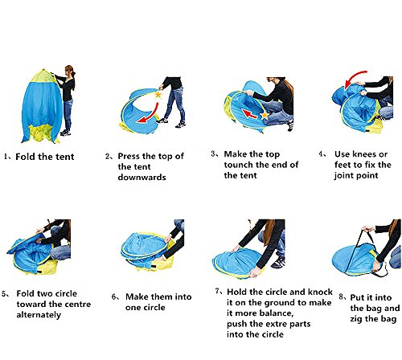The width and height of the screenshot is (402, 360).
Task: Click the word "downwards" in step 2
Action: point(142,178)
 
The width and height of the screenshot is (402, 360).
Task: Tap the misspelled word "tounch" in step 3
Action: point(239,165)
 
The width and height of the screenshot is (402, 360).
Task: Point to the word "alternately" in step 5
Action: point(39,315)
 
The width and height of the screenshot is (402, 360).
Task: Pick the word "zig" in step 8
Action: point(356,319)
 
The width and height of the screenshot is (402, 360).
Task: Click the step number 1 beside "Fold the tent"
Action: point(6,157)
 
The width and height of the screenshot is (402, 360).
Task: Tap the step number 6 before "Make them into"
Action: point(114,297)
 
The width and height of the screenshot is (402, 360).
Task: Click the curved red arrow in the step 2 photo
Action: point(153,116)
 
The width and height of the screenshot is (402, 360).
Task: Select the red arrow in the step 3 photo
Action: point(250,114)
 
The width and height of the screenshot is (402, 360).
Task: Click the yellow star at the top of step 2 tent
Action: point(158,95)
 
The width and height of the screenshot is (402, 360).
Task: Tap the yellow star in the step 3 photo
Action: point(265,116)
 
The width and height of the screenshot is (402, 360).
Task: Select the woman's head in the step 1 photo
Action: point(70,71)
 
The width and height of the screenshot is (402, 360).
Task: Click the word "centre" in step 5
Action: point(77,305)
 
